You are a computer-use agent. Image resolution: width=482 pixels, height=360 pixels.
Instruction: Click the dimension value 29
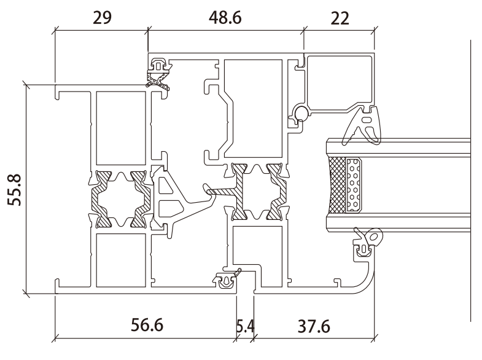pyautogui.click(x=101, y=17)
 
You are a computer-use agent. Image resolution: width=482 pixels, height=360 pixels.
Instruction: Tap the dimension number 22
pyautogui.click(x=339, y=17)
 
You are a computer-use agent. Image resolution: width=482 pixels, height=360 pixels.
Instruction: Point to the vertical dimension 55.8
pyautogui.click(x=17, y=190)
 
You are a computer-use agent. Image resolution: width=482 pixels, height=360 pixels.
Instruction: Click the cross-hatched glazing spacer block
pyautogui.click(x=337, y=185)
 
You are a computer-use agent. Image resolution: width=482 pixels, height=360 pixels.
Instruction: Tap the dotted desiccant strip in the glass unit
pyautogui.click(x=354, y=185)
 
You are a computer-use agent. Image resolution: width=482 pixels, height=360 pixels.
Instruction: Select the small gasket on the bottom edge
pyautogui.click(x=225, y=281)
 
